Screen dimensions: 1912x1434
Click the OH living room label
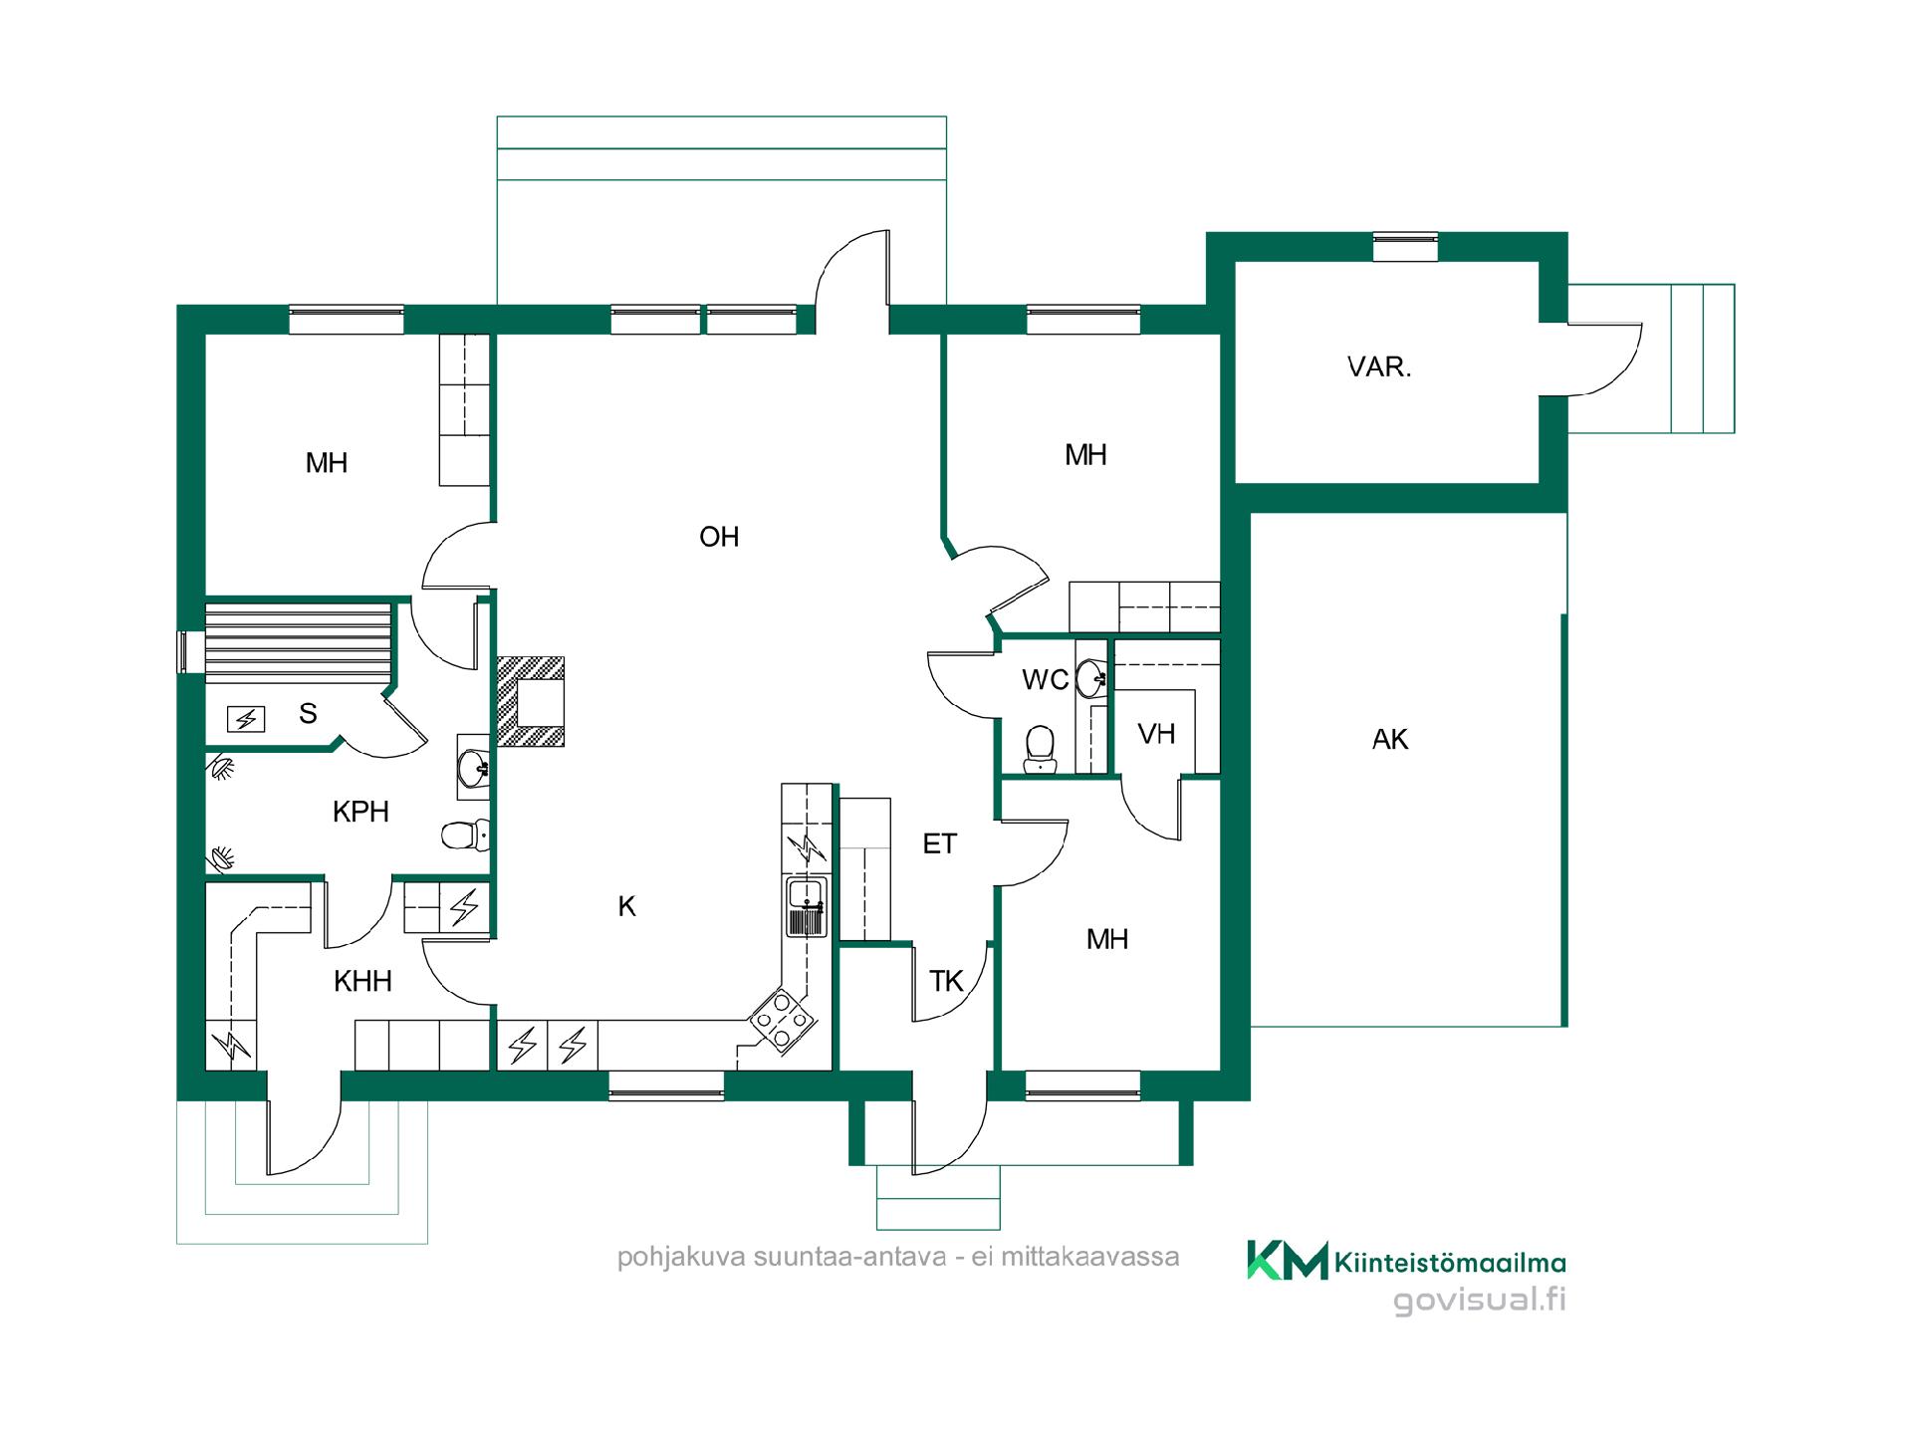719,537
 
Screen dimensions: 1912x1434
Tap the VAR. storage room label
1379,366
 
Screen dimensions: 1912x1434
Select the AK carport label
1390,739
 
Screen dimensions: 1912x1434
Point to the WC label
1045,680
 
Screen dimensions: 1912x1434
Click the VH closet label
1156,734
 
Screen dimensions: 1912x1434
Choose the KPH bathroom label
360,812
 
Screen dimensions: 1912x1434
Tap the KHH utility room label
362,981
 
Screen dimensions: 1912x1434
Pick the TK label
946,981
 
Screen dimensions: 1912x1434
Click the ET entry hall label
939,844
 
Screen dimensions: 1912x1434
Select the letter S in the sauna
308,713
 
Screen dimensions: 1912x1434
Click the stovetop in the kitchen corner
783,1020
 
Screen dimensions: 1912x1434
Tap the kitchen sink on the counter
806,907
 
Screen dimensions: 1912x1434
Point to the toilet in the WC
1040,748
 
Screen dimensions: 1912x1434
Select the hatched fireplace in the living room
531,701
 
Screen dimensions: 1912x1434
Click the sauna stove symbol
246,718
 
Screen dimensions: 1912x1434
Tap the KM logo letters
1288,1260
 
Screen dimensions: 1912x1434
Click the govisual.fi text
1479,1301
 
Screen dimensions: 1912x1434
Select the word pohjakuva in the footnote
681,1258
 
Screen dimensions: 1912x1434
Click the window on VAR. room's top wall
1405,247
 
